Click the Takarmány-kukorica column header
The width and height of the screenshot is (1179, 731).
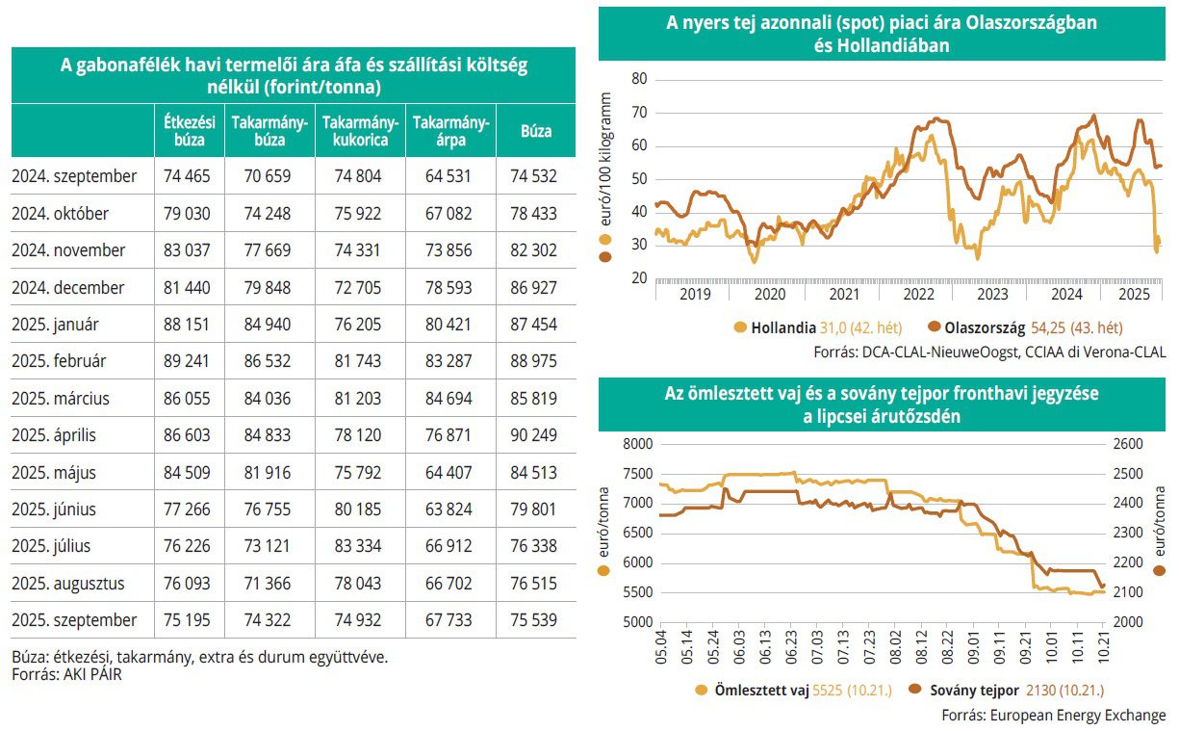tap(360, 131)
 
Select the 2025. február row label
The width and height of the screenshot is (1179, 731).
tap(60, 361)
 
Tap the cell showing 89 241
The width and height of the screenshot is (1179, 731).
tap(188, 361)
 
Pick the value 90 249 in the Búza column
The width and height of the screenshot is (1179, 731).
tap(536, 435)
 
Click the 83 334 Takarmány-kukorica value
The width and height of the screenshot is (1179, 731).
tap(359, 546)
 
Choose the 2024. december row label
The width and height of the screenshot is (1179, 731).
tap(68, 287)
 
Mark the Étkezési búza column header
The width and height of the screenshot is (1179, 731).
tap(188, 131)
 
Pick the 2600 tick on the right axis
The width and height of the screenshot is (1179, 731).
tap(1127, 444)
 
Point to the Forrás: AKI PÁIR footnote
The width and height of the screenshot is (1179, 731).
tap(66, 674)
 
